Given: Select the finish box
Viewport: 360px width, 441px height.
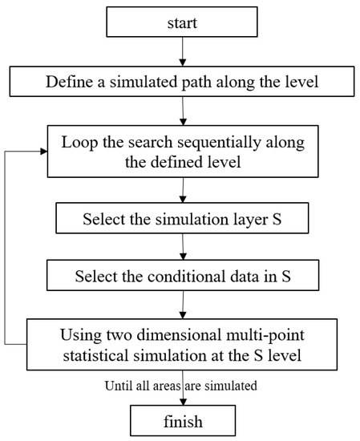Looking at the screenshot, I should click(184, 419).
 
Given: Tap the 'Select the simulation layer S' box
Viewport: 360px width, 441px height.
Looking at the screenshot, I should click(184, 216).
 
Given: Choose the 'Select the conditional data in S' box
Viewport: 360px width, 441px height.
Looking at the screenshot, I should click(184, 276).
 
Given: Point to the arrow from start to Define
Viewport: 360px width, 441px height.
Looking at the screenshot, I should click(184, 52).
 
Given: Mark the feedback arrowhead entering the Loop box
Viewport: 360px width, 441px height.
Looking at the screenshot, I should click(43, 149).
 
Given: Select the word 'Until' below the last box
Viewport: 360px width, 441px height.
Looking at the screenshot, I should click(118, 386).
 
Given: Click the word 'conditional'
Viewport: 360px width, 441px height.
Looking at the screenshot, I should click(179, 276).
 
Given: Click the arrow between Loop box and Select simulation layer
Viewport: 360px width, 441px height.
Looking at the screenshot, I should click(184, 188).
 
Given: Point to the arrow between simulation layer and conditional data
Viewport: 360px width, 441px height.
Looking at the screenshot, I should click(184, 246).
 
